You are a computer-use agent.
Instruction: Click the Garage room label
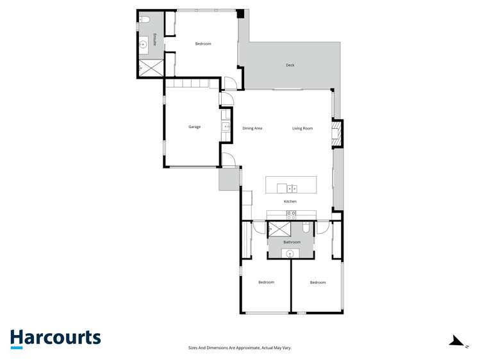[x=194, y=127]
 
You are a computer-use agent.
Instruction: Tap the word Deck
[x=290, y=65]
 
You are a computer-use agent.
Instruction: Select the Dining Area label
[x=252, y=128]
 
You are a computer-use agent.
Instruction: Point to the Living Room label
[x=302, y=128]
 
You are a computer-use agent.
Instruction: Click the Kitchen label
[x=290, y=201]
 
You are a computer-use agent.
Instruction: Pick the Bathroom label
[x=292, y=242]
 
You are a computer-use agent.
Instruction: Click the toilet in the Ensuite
[x=145, y=20]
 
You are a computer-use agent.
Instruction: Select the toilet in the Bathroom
[x=306, y=228]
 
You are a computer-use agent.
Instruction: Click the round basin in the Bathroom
[x=290, y=254]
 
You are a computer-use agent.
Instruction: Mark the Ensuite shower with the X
[x=151, y=67]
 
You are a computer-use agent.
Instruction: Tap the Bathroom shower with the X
[x=279, y=229]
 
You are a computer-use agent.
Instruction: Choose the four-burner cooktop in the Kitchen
[x=292, y=215]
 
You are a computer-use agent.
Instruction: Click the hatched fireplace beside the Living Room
[x=335, y=134]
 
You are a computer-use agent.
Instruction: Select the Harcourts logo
[x=55, y=338]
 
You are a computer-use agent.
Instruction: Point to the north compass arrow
[x=458, y=341]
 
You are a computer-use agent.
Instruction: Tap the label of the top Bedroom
[x=203, y=44]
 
